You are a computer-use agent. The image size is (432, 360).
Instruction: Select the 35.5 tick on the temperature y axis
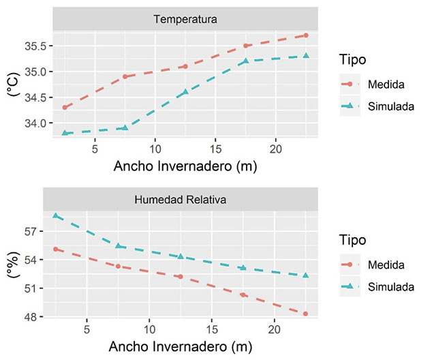click(35, 46)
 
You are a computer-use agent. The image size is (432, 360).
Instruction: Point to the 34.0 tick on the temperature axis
click(35, 123)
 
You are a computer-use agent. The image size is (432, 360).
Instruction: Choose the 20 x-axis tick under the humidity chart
click(274, 328)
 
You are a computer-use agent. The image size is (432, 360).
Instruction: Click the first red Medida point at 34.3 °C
click(65, 108)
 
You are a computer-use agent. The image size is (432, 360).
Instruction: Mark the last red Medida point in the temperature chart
click(306, 35)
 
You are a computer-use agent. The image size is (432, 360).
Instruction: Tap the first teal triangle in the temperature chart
click(65, 133)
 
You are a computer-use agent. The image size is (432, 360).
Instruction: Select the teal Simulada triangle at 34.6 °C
click(185, 92)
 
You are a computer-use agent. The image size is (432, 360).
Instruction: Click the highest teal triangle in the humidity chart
click(56, 215)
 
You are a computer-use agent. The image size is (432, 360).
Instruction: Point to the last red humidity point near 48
click(305, 314)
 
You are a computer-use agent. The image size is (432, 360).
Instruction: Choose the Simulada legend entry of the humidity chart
click(378, 286)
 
